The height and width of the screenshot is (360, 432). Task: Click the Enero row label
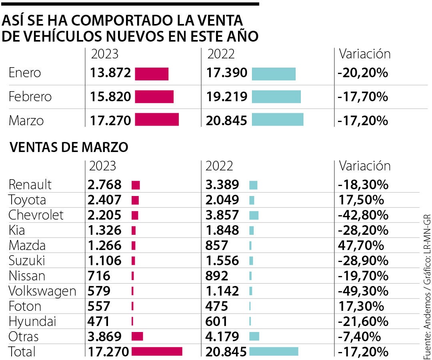coord(25,73)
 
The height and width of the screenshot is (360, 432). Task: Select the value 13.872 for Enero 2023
coord(110,73)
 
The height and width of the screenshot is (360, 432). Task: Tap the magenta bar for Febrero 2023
coord(154,97)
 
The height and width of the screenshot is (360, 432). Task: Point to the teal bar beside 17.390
coord(274,74)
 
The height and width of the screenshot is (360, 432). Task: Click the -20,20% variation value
coord(363,73)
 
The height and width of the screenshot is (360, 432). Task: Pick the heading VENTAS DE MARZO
coord(68,147)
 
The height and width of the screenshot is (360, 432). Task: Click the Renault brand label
coord(30,185)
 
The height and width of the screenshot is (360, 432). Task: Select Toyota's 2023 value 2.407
coord(104,200)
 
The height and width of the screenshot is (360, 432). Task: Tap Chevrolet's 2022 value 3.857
coord(222,215)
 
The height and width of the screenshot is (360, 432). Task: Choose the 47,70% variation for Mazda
coord(360,246)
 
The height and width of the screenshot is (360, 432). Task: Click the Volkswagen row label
coord(42,291)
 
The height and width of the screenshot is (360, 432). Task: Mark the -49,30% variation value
coord(363,291)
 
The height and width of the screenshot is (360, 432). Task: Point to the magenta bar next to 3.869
coord(137,336)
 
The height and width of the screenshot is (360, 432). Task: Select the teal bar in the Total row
coord(274,351)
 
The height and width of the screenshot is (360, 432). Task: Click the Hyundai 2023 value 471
coord(98,322)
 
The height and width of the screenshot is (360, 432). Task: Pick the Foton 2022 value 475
coord(216,306)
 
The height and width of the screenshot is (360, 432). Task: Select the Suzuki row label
coord(27,261)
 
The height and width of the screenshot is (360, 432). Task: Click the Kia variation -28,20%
coord(363,230)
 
